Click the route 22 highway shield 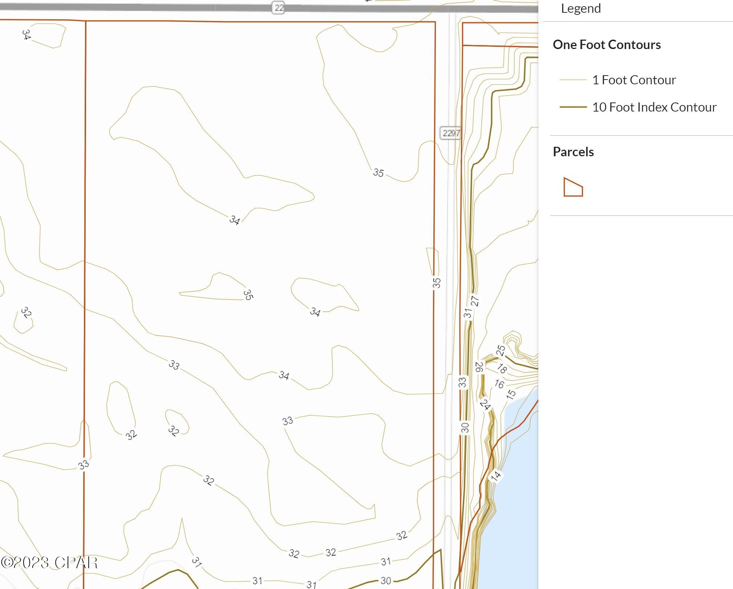tap(278, 8)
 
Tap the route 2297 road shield tap(451, 133)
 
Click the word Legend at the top tap(580, 8)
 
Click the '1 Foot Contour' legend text tap(634, 80)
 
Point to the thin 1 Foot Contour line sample tap(573, 80)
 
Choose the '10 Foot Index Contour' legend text tap(654, 107)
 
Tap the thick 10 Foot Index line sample tap(573, 107)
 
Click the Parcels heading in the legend tap(573, 152)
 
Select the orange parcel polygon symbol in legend tap(573, 187)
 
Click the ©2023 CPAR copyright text tap(49, 562)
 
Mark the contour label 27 tap(475, 301)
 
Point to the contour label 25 tap(501, 350)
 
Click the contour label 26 tap(479, 367)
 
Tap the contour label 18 tap(502, 368)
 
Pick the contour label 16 tap(499, 384)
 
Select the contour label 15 tap(511, 394)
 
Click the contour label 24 tap(485, 404)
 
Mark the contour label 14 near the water tap(496, 475)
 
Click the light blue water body tap(519, 491)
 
